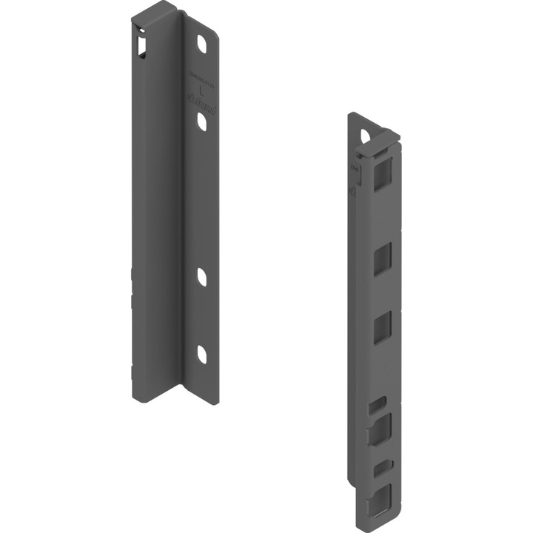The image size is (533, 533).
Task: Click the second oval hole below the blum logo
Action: tap(201, 123)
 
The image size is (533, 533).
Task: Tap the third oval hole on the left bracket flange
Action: tap(201, 277)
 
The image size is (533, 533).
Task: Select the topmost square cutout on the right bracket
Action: tap(382, 177)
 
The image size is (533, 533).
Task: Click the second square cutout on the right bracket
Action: tap(382, 261)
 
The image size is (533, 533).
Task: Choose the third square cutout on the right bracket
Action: tap(382, 327)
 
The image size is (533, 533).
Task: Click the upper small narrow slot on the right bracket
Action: tap(379, 403)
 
